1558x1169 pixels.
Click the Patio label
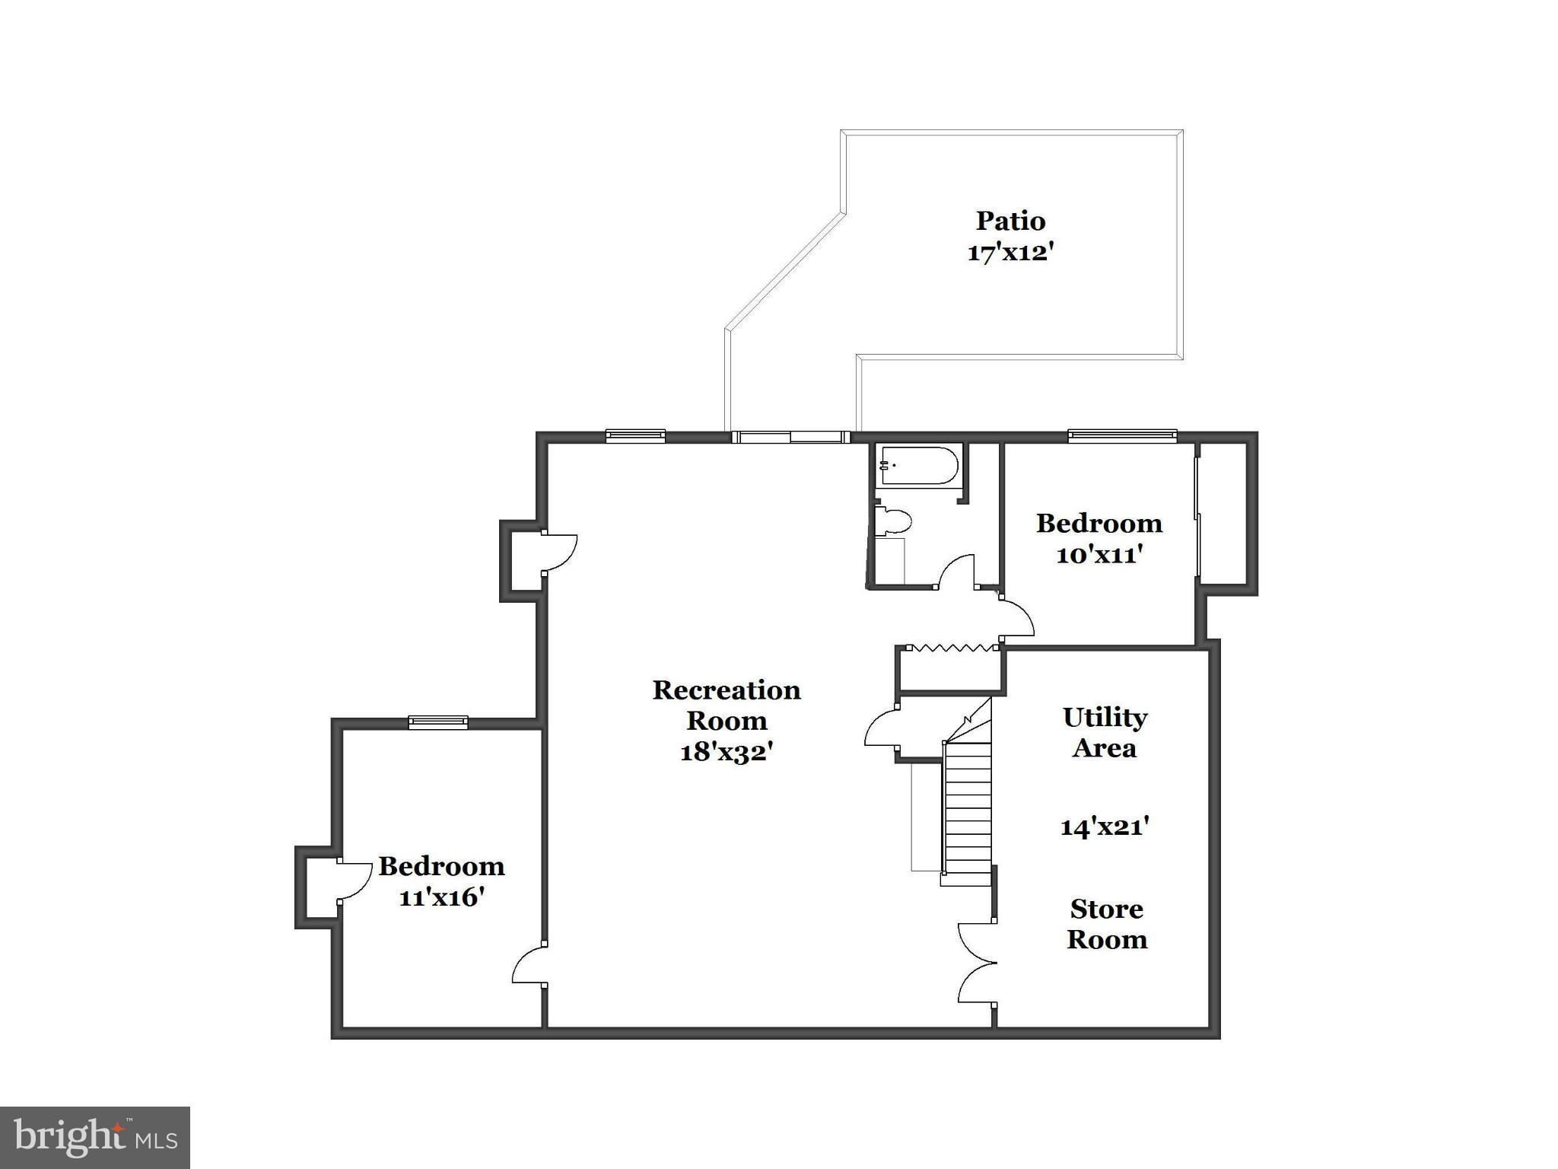1010,221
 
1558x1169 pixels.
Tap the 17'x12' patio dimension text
1010,252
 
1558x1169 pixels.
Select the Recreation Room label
727,705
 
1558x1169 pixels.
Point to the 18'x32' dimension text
727,752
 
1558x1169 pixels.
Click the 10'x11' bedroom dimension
1099,555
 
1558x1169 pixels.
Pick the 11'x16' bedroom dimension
442,897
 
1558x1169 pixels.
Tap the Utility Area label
1105,732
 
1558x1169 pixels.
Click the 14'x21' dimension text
1105,826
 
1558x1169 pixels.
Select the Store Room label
1107,924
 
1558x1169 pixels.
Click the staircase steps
968,811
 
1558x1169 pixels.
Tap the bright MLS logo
95,1137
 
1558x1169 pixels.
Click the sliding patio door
791,437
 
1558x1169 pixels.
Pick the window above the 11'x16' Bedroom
438,722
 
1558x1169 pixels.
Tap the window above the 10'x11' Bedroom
1122,436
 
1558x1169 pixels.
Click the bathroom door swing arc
956,572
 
